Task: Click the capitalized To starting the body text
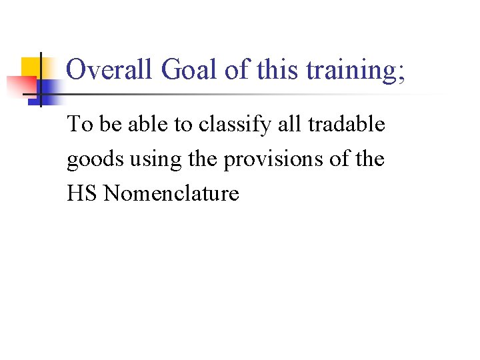tap(78, 125)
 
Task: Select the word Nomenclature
tap(172, 194)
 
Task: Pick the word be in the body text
tap(108, 125)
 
